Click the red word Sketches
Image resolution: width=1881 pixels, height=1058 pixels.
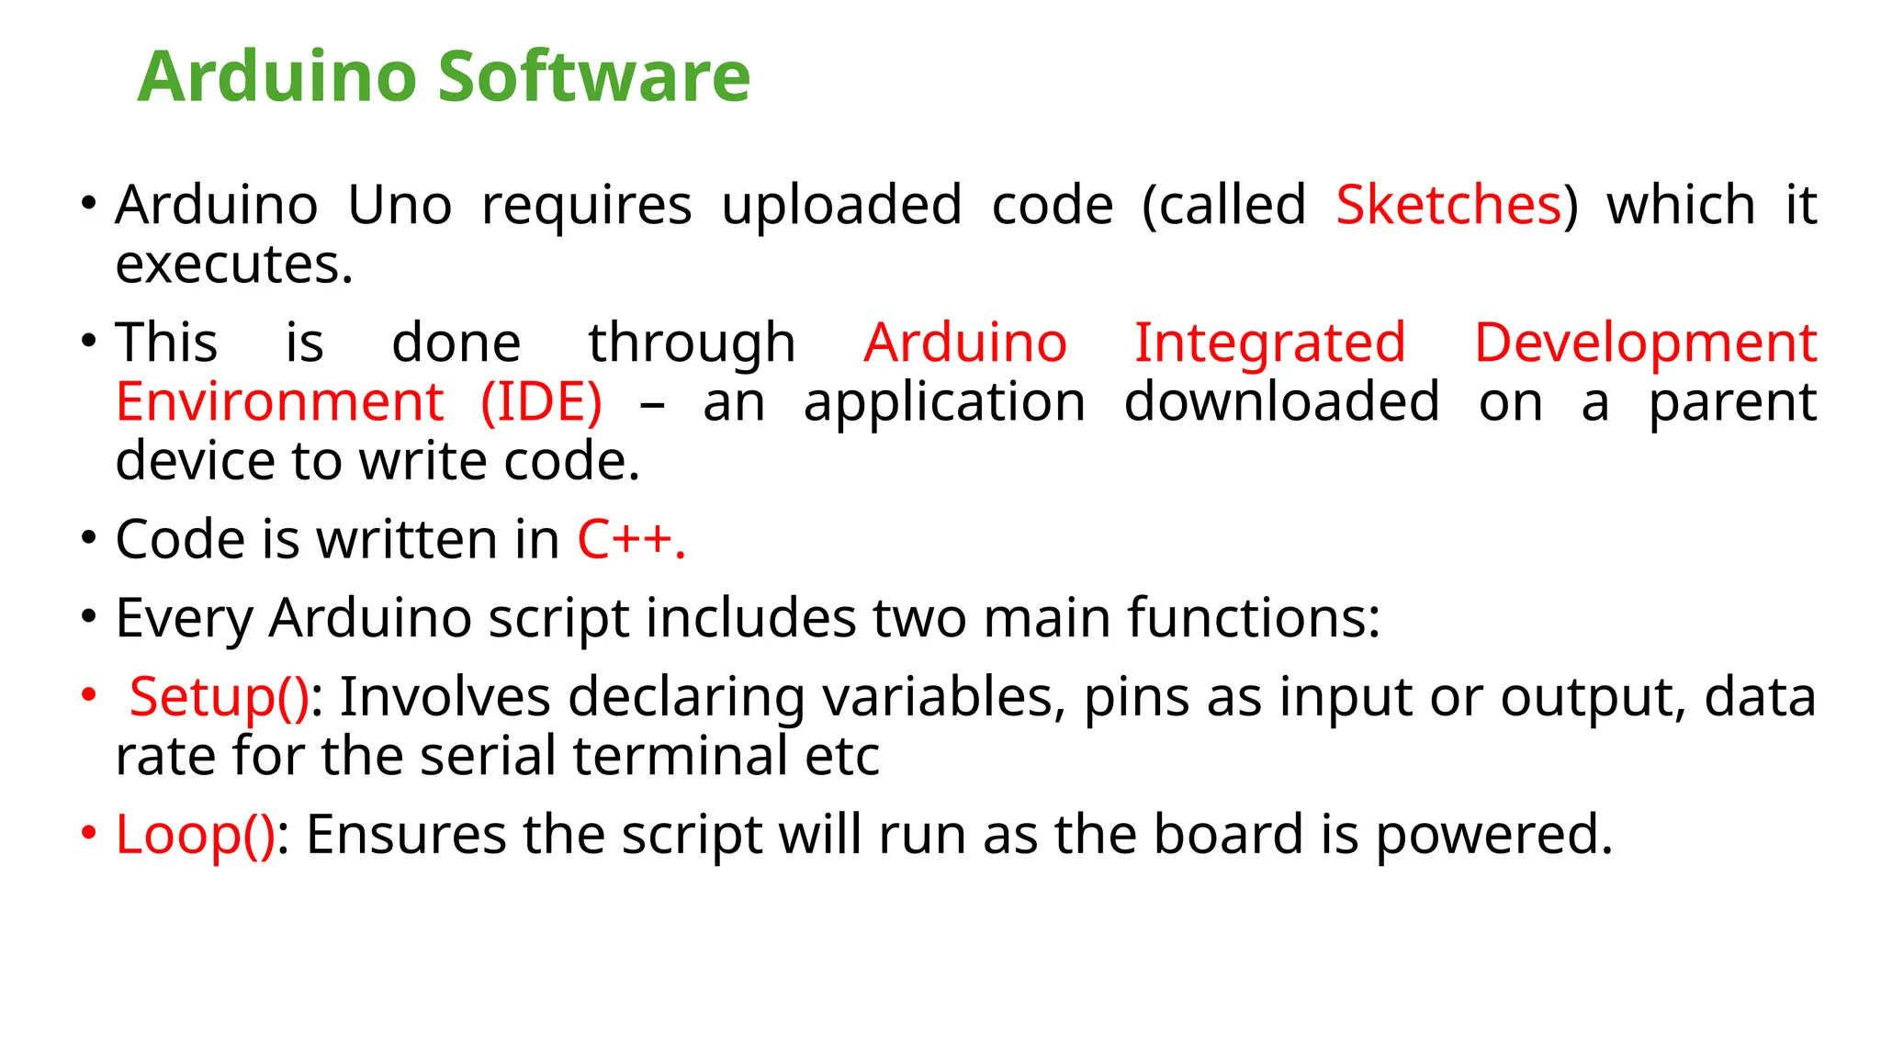coord(1448,205)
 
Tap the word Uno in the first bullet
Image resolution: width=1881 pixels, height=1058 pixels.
coord(400,205)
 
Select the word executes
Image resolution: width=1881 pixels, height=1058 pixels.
coord(233,264)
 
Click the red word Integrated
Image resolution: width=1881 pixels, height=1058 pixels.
coord(1269,343)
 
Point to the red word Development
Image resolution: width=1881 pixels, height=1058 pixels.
coord(1645,343)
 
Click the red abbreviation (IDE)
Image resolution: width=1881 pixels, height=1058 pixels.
coord(541,402)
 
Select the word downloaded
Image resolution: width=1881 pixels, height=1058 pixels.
coord(1281,402)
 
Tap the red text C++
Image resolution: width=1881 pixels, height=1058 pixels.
coord(630,539)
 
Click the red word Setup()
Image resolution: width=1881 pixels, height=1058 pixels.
coord(220,697)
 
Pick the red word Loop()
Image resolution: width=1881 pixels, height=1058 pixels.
coord(195,835)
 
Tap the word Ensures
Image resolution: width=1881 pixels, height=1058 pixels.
coord(405,835)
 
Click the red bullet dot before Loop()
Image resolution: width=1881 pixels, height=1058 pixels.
coord(88,833)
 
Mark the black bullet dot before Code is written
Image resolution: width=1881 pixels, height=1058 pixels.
coord(88,538)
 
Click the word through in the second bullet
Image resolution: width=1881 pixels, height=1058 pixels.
coord(692,344)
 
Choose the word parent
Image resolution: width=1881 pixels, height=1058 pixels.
coord(1732,404)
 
